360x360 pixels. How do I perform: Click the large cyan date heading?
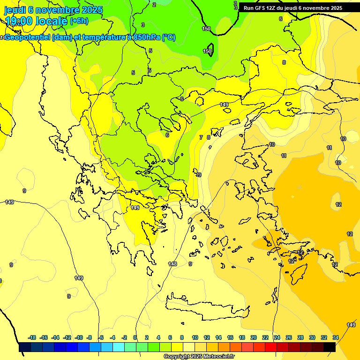tap(53, 10)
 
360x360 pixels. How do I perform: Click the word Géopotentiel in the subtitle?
tap(28, 37)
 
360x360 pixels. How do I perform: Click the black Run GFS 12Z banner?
tap(292, 8)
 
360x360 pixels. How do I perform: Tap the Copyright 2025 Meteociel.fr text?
tap(199, 357)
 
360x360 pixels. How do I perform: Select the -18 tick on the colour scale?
tap(32, 337)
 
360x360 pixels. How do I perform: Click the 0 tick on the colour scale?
tap(135, 337)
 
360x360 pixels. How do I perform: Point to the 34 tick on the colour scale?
tap(336, 337)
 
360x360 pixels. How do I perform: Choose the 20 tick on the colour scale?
tap(254, 337)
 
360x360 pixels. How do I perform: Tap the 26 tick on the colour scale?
tap(289, 337)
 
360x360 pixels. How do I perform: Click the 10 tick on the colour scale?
tap(195, 337)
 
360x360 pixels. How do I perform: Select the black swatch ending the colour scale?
tap(330, 347)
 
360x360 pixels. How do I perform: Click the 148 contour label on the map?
tap(172, 264)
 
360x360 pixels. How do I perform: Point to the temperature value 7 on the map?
tap(201, 137)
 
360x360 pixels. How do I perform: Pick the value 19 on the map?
tap(199, 175)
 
